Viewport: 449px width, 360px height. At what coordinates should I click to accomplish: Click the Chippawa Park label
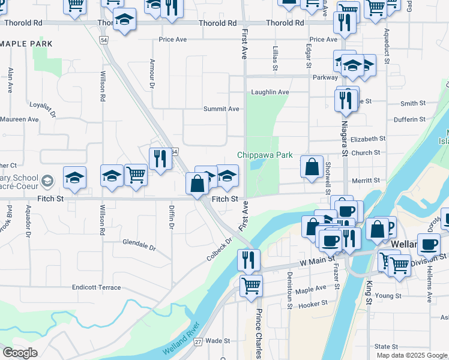[x=265, y=155]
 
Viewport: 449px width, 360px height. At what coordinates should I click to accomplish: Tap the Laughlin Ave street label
[x=270, y=92]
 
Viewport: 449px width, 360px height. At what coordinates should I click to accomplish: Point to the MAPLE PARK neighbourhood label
[x=27, y=44]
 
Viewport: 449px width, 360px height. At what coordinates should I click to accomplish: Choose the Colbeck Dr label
[x=219, y=250]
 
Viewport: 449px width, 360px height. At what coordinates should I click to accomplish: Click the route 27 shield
[x=198, y=341]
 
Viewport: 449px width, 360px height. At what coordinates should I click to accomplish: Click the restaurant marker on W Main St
[x=249, y=260]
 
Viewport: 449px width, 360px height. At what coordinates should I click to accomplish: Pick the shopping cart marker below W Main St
[x=251, y=285]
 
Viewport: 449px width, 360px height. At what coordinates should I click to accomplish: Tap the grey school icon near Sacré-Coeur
[x=47, y=180]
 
